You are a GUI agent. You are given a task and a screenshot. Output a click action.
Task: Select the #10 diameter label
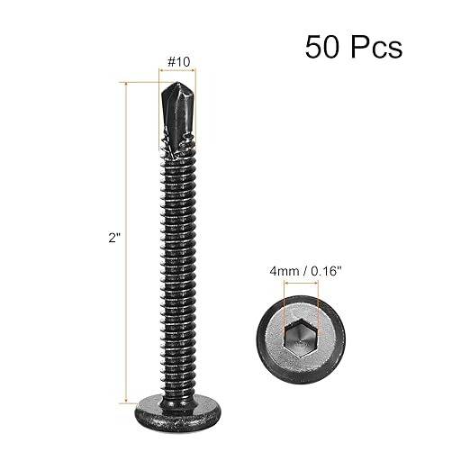[177, 61]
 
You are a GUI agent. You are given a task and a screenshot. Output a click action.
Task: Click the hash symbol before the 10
[168, 61]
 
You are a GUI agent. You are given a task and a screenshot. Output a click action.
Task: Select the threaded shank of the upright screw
[177, 270]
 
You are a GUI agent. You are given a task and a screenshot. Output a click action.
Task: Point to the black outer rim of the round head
[299, 372]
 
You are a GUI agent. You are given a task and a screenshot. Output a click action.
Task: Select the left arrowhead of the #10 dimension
[160, 72]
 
